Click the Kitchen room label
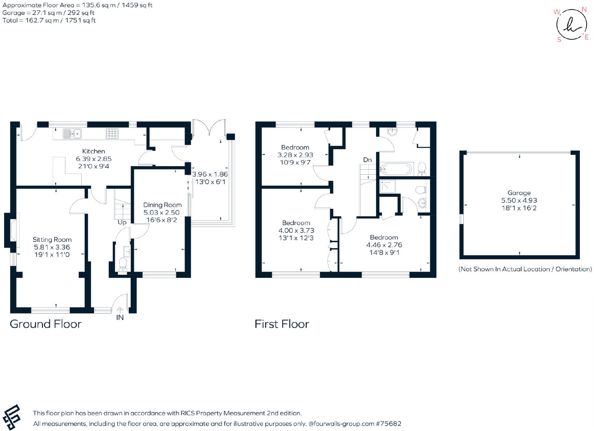[93, 151]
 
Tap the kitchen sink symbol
[72, 134]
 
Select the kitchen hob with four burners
[112, 134]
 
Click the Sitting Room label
[52, 240]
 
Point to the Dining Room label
[162, 205]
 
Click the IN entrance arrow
[120, 310]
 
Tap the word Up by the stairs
[122, 223]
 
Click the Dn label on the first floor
[367, 160]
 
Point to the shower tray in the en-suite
[387, 187]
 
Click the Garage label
[519, 193]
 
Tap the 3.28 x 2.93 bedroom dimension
[295, 155]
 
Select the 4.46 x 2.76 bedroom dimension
[384, 245]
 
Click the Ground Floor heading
[46, 324]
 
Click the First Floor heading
[282, 324]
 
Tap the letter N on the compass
[584, 10]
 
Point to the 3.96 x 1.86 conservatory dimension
[210, 174]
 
